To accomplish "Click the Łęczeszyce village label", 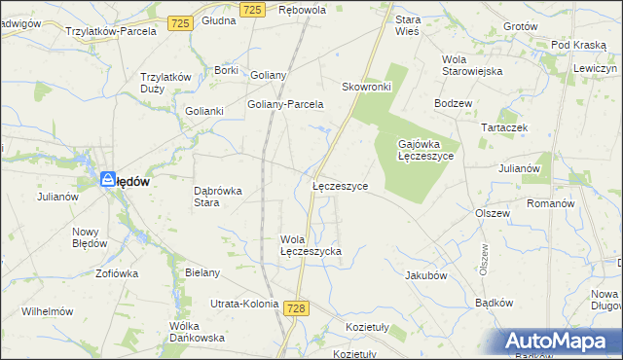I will pyautogui.click(x=340, y=185).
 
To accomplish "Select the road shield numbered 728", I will pyautogui.click(x=297, y=307).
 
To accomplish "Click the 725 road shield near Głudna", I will pyautogui.click(x=178, y=22).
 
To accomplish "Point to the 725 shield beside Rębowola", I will pyautogui.click(x=252, y=9).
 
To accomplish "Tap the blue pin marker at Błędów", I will pyautogui.click(x=109, y=180).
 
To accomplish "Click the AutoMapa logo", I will pyautogui.click(x=559, y=342).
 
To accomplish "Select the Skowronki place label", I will pyautogui.click(x=366, y=87).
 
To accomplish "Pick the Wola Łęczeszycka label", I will pyautogui.click(x=310, y=245).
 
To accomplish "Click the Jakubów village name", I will pyautogui.click(x=425, y=275).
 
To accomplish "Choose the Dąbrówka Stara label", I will pyautogui.click(x=218, y=197).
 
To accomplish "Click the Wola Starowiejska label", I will pyautogui.click(x=471, y=64).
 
